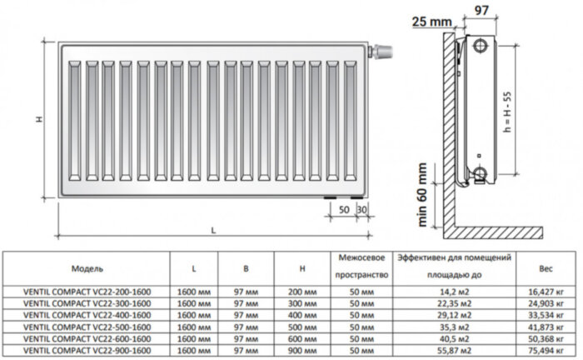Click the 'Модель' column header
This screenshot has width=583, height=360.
tap(87, 269)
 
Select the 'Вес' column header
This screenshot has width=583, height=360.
tap(546, 269)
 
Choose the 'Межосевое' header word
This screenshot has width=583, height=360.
tap(360, 259)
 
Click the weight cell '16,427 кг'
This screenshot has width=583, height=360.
tap(546, 292)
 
